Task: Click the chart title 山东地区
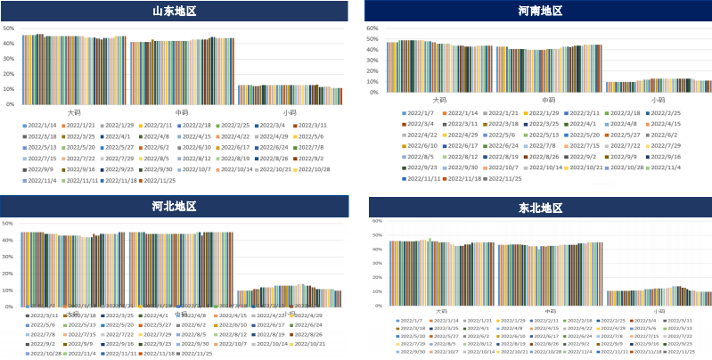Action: [x=174, y=11]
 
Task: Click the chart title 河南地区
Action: [x=540, y=11]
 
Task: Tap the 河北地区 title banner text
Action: [x=174, y=207]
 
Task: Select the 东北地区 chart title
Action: [x=540, y=208]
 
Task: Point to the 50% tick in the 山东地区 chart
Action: [x=9, y=28]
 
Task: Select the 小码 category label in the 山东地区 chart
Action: [x=290, y=112]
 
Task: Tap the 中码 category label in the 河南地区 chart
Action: [x=549, y=100]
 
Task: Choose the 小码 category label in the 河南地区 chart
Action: [x=658, y=100]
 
